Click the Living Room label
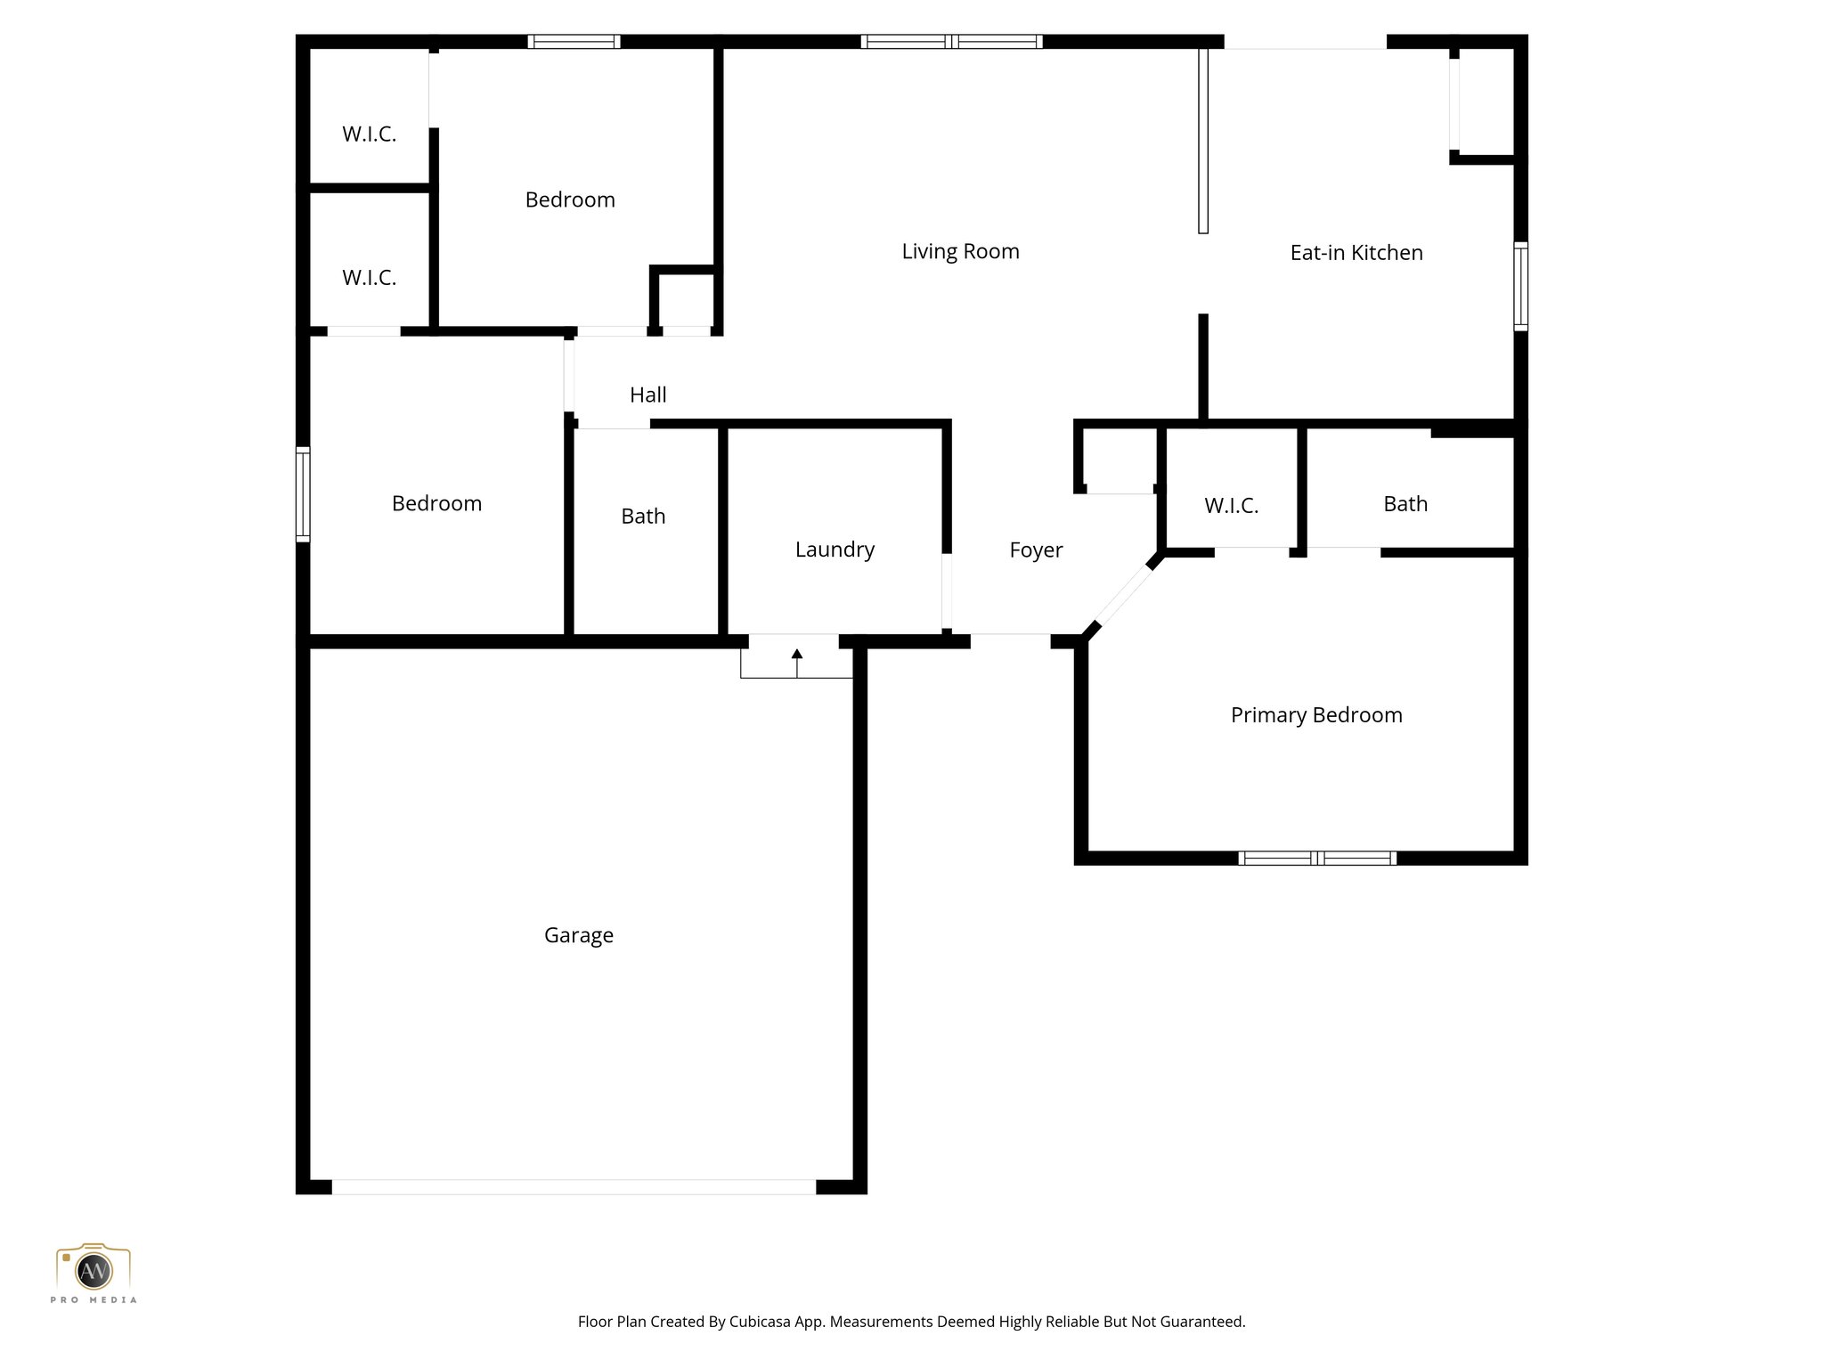960,252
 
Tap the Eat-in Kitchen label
1356,253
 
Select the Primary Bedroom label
1315,715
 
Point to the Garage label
578,935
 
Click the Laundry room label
835,550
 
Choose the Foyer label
1036,550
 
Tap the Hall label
647,395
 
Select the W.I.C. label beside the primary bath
1231,506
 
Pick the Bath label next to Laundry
643,517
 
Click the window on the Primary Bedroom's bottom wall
1316,859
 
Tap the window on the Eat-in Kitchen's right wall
1521,286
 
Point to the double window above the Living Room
951,41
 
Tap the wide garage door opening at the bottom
574,1187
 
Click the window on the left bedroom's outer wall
303,494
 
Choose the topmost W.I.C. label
369,134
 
